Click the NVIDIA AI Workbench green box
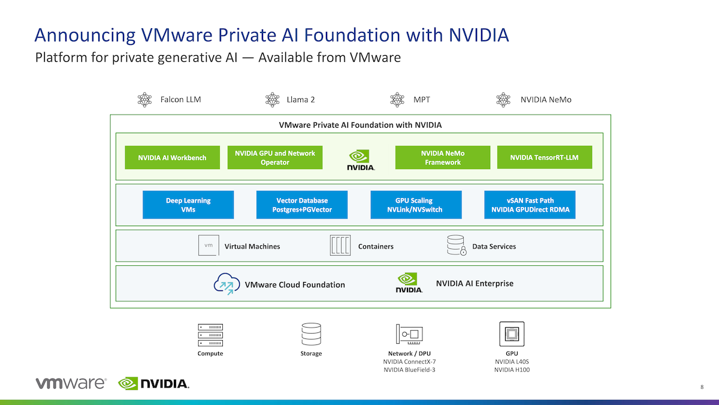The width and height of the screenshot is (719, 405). point(173,157)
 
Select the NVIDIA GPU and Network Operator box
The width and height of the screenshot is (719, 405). point(275,157)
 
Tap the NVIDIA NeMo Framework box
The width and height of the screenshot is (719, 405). point(443,157)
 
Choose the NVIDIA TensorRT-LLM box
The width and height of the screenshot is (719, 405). point(545,157)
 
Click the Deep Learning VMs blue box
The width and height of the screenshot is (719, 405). point(188,205)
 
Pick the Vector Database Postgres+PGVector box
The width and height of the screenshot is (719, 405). point(302,205)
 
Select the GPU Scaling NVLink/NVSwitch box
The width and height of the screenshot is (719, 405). point(416,205)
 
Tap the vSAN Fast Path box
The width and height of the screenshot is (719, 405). point(530,205)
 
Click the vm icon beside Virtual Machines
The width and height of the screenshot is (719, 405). point(209,245)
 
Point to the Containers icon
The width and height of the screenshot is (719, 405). point(340,245)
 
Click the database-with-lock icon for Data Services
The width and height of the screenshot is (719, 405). point(457,245)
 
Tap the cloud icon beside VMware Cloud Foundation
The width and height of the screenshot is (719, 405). point(226,284)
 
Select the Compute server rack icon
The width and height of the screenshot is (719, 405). point(210,335)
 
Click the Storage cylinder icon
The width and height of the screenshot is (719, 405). point(311,334)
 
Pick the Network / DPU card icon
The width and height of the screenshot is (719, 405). point(409,334)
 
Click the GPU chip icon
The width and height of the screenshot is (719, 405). point(512,334)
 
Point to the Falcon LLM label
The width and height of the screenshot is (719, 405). point(181,100)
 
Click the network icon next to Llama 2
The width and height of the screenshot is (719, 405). point(273,100)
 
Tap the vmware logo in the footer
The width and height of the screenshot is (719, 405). point(71,383)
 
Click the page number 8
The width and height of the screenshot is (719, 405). point(702,387)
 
